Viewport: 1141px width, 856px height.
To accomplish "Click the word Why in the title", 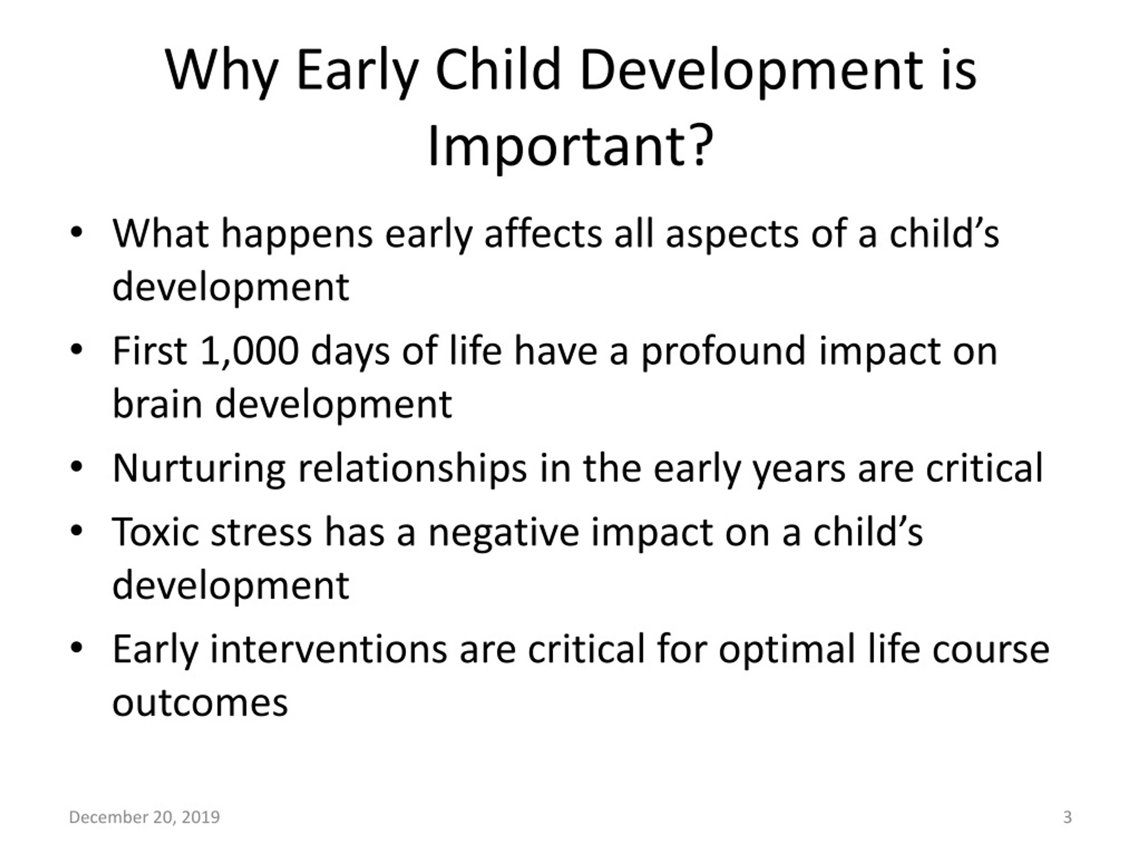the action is tap(222, 71).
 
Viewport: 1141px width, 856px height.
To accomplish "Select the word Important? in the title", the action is tap(570, 147).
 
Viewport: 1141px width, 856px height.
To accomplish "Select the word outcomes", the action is tap(200, 703).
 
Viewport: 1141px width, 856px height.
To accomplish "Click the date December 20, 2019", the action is tap(144, 817).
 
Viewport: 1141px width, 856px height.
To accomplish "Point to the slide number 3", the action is tap(1068, 817).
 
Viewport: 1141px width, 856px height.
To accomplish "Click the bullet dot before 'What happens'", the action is tap(76, 233).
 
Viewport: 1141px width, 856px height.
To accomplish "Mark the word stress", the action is tap(262, 532).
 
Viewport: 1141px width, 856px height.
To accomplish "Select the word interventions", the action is tap(328, 649).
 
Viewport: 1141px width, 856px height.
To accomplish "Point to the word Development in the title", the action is tap(751, 71).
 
